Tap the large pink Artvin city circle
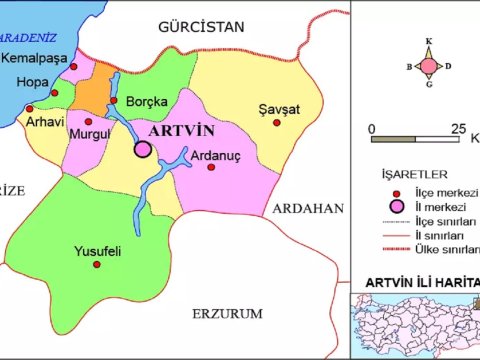[143, 149]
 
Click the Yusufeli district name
[98, 252]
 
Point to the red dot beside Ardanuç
[211, 167]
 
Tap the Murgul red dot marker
[88, 118]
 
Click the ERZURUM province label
[228, 314]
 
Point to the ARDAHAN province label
[307, 209]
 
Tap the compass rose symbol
[428, 67]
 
